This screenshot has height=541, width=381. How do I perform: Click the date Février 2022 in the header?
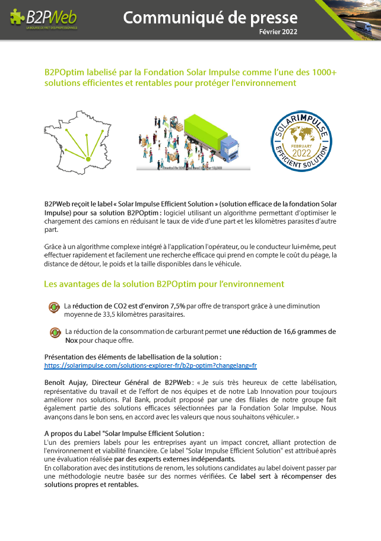pos(278,31)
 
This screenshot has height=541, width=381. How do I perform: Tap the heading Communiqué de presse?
pos(210,17)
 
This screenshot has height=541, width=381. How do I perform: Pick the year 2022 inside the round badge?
pos(301,152)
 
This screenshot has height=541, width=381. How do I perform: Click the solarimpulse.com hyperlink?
pos(150,365)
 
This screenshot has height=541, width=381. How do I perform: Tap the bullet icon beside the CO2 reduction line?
pos(53,307)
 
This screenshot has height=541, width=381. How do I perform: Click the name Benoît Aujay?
pos(68,382)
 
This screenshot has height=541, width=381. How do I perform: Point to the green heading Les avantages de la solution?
pos(164,285)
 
